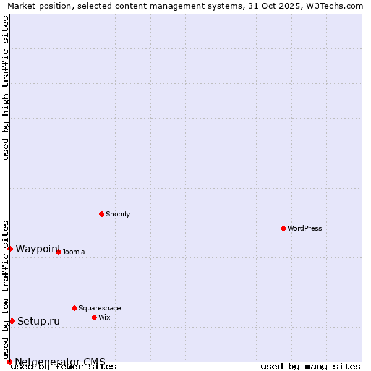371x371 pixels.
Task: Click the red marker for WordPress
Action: [283, 228]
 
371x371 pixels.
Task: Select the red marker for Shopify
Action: [101, 214]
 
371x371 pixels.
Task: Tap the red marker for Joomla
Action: [58, 252]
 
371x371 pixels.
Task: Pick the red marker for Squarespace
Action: [74, 308]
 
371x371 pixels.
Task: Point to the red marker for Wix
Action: [94, 317]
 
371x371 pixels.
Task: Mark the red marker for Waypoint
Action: [10, 249]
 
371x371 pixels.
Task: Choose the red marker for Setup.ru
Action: [12, 321]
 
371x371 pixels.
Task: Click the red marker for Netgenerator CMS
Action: [9, 362]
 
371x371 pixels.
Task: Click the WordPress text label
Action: [305, 228]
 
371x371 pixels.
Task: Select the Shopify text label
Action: [117, 214]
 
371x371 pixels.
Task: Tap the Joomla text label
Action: [74, 252]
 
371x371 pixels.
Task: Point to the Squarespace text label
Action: [100, 308]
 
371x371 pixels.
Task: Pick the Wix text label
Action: [104, 317]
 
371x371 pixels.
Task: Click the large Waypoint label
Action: [38, 249]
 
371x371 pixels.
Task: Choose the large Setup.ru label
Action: [38, 321]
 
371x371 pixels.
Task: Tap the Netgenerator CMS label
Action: [60, 362]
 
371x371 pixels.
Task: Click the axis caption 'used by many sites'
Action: [310, 367]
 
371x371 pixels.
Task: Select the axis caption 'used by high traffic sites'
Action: [6, 88]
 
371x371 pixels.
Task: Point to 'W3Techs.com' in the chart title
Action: [335, 6]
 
